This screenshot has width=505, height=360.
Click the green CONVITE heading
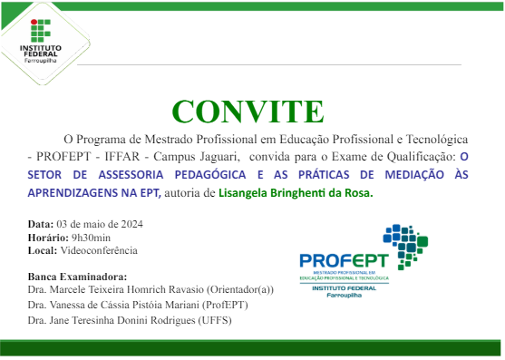[x=248, y=111]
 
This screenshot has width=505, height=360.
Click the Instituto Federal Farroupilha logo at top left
[x=40, y=37]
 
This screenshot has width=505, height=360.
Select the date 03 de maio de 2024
[x=100, y=223]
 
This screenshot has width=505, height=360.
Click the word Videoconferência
[x=99, y=250]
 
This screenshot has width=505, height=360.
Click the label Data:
[x=41, y=223]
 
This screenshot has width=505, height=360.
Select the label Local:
[x=43, y=250]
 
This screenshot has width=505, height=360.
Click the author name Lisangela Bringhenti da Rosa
[x=296, y=192]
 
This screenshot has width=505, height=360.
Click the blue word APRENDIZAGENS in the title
[x=72, y=192]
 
